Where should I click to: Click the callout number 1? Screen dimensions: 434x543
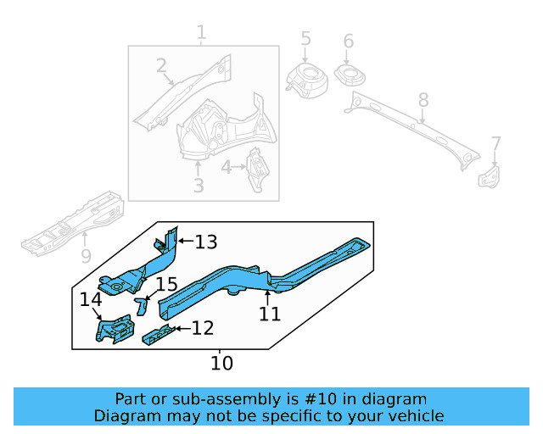[x=201, y=34]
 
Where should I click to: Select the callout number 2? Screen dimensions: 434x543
[x=161, y=65]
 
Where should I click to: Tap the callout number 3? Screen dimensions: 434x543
[x=199, y=185]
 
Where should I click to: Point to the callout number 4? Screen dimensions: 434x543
[x=227, y=167]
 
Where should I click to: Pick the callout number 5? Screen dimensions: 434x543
[x=305, y=39]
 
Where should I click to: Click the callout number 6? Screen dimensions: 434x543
[x=348, y=42]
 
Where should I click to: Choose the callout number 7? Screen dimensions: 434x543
[x=496, y=144]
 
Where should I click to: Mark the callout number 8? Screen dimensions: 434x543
[x=423, y=102]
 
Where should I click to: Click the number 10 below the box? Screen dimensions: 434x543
[x=221, y=364]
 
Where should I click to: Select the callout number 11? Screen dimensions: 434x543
[x=270, y=314]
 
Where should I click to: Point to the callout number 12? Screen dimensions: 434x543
[x=202, y=328]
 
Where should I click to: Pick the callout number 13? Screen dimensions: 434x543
[x=206, y=242]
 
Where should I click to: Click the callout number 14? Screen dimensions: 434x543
[x=91, y=299]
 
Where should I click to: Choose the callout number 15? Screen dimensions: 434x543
[x=166, y=285]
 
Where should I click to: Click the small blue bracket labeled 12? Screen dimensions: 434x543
[x=160, y=335]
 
